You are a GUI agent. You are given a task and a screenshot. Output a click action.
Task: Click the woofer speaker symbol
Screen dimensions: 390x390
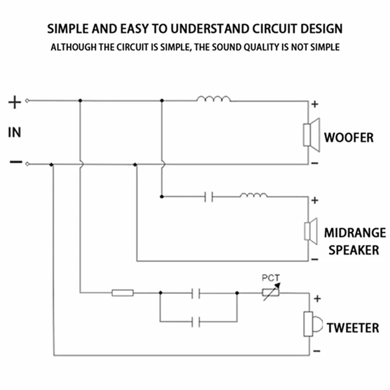(311, 135)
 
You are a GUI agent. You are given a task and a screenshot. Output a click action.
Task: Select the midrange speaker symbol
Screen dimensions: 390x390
(311, 231)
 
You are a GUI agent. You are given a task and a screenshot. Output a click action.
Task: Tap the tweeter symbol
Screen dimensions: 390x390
(313, 324)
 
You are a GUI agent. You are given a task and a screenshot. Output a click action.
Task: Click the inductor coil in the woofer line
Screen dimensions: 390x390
(214, 99)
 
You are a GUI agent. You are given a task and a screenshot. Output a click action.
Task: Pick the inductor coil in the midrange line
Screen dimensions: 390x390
(254, 195)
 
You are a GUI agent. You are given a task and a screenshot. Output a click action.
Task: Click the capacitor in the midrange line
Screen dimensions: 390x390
(209, 197)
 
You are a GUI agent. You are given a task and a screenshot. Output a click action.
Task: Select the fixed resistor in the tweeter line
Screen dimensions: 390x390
(123, 293)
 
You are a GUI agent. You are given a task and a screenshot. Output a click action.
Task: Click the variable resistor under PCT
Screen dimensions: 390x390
(271, 292)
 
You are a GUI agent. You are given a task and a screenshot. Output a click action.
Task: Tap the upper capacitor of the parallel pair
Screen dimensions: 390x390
(196, 293)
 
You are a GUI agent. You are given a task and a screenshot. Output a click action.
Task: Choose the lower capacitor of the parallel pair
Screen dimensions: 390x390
(196, 322)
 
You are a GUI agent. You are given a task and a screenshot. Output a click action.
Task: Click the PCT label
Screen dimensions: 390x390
(271, 278)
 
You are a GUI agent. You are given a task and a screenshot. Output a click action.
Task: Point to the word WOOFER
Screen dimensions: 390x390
(349, 138)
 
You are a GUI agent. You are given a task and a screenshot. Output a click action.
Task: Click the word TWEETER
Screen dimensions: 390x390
(353, 328)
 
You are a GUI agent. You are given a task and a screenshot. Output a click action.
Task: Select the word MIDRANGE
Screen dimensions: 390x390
(355, 233)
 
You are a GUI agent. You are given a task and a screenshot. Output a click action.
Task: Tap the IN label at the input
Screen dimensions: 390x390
(14, 132)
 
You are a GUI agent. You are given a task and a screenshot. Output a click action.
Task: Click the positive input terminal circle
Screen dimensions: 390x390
(27, 100)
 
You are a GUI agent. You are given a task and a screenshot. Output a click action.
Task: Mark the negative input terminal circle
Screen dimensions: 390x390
(27, 164)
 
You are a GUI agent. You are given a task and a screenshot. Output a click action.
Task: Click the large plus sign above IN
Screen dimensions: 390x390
(15, 102)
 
